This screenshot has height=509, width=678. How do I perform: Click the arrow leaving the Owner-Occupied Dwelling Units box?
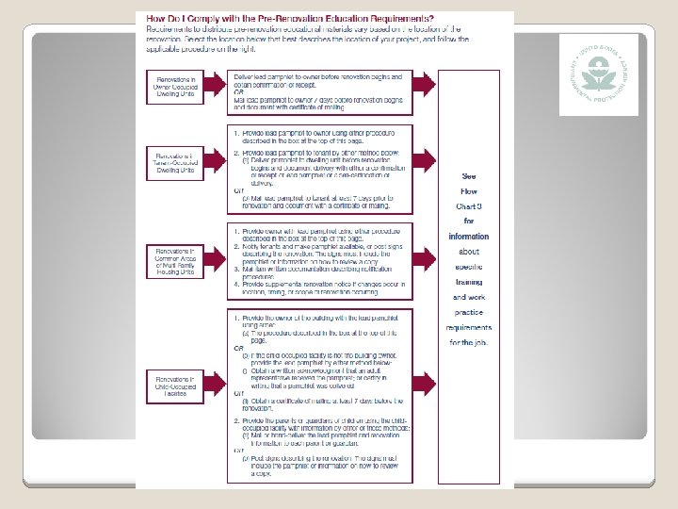coord(217,89)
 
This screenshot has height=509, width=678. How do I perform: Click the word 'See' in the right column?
coord(468,175)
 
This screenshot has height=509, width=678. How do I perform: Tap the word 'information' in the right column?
coord(468,237)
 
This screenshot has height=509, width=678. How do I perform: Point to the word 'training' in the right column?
coord(468,282)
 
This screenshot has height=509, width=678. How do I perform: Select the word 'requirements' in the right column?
coord(468,327)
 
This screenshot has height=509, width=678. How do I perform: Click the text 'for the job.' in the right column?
coord(468,342)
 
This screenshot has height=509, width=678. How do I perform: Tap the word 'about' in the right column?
coord(468,252)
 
